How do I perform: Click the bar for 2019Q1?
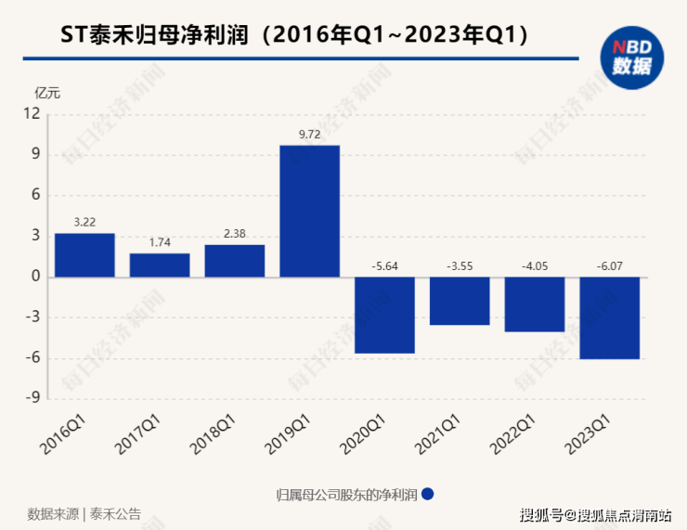[310, 211]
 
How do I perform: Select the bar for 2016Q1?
[84, 254]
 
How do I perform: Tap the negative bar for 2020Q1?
[385, 315]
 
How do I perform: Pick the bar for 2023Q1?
[610, 317]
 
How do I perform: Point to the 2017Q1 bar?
[160, 265]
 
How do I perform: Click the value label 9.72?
[310, 135]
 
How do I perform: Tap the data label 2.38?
[235, 233]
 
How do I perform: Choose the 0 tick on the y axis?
[36, 277]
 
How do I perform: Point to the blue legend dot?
[428, 494]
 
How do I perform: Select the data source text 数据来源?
[52, 513]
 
